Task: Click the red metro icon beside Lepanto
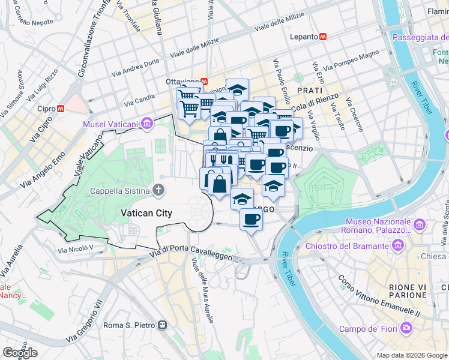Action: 324,37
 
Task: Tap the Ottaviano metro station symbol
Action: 203,82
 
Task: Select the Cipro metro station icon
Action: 61,109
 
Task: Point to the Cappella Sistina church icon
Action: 158,191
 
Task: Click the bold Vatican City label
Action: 146,213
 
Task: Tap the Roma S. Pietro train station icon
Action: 161,325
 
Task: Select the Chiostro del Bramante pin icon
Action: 397,245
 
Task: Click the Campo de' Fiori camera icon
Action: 406,328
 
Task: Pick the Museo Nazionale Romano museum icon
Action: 419,224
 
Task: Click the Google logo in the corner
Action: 19,353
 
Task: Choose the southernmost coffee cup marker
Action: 251,220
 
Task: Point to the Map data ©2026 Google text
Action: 412,355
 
